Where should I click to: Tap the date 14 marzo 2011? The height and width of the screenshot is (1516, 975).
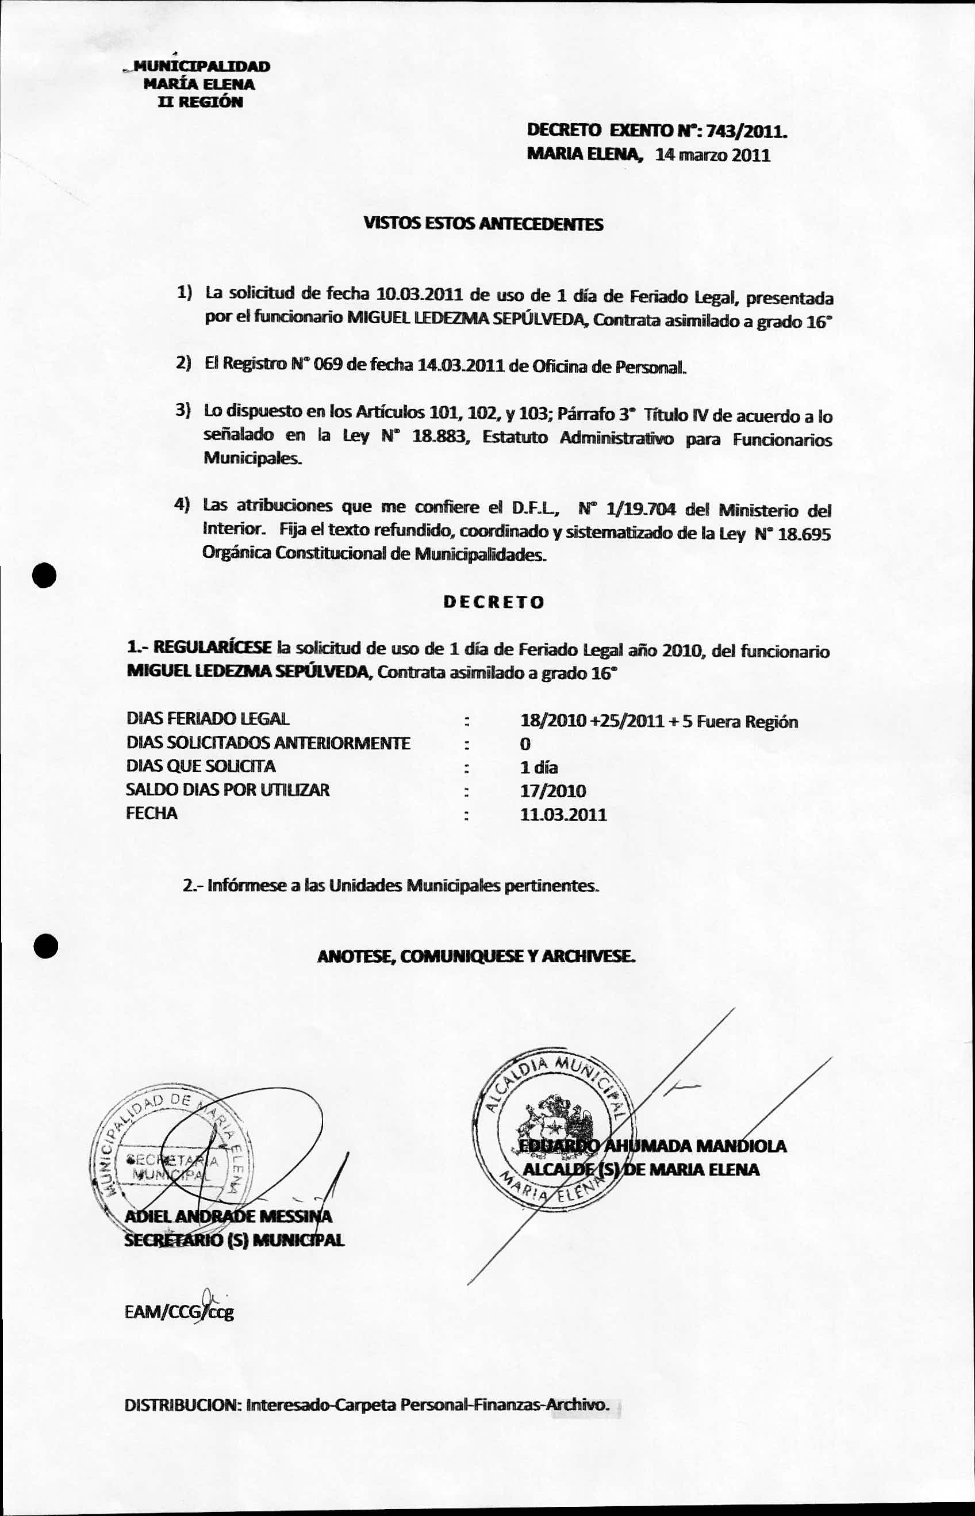713,155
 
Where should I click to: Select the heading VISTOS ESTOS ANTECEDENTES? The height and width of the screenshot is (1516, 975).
483,224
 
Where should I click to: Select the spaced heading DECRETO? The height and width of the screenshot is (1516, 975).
493,602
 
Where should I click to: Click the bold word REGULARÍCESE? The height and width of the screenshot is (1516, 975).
213,647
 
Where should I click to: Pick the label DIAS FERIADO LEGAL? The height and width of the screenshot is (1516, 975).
208,719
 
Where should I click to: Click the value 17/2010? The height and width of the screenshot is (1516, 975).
552,791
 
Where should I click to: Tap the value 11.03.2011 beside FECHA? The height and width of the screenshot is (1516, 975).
563,814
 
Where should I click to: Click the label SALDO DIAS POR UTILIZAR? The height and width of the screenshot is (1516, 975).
227,790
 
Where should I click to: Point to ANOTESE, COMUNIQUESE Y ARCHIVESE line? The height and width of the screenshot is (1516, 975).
476,956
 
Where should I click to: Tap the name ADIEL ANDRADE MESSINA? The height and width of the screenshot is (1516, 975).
228,1216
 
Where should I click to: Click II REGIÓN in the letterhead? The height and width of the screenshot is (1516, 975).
200,102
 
